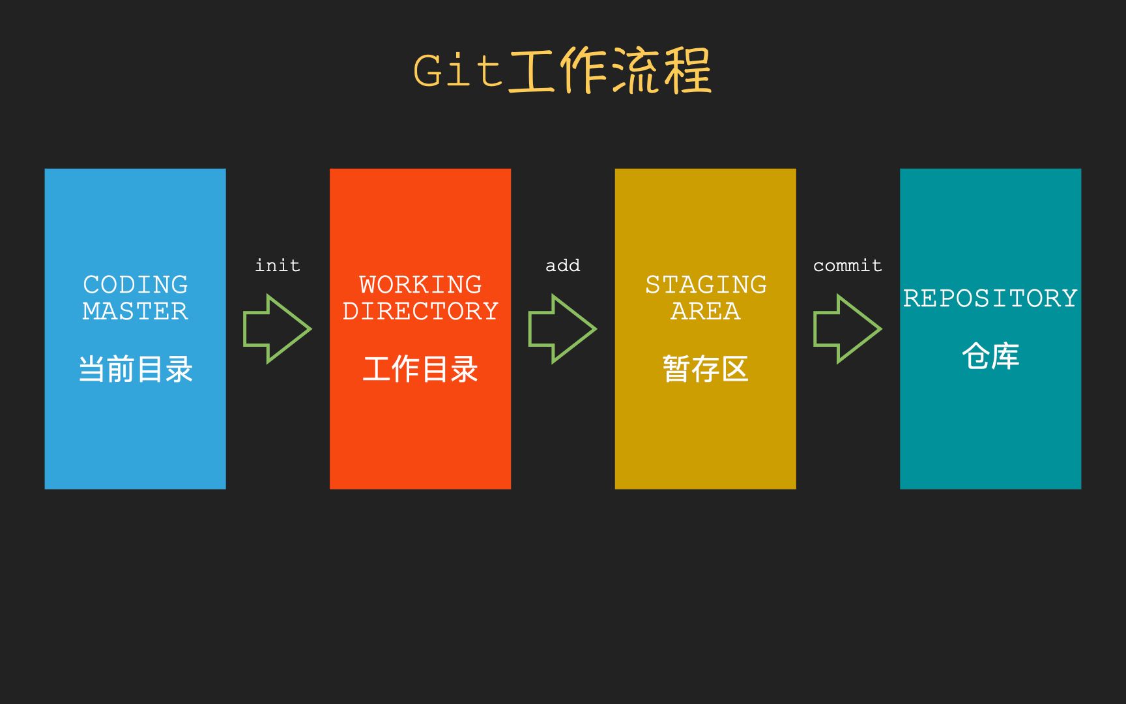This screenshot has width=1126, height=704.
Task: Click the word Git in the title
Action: (x=458, y=70)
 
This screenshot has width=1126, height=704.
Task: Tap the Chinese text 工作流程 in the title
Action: (x=610, y=70)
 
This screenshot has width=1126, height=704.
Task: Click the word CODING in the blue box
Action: (x=136, y=285)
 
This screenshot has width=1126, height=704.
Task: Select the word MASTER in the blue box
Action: (x=136, y=311)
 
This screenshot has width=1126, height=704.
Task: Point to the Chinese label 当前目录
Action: (x=136, y=369)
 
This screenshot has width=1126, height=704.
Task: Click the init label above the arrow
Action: (x=278, y=265)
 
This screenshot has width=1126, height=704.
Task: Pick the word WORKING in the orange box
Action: (x=420, y=285)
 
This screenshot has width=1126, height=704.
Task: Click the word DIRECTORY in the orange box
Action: (x=420, y=311)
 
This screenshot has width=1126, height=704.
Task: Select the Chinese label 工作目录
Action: (x=420, y=369)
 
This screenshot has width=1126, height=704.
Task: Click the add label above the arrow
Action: (x=562, y=265)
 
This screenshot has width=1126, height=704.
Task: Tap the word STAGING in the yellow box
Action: (x=706, y=285)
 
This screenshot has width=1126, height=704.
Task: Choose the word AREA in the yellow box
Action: (x=706, y=311)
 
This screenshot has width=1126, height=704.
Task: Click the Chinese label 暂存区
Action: (x=706, y=369)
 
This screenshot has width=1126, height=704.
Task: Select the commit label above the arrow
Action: (x=847, y=265)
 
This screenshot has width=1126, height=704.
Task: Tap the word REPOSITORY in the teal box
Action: (x=990, y=298)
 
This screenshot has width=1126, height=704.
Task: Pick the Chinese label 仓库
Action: (x=990, y=356)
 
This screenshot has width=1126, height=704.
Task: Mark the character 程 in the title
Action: (x=687, y=70)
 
